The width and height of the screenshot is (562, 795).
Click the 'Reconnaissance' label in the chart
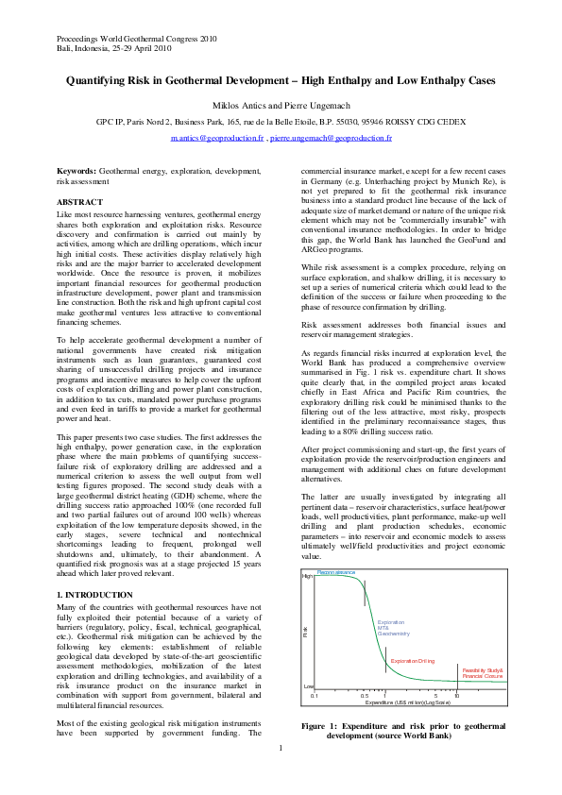(x=336, y=572)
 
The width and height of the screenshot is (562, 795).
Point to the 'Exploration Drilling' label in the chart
(x=412, y=661)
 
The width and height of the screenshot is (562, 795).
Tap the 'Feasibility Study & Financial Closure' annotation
(x=483, y=672)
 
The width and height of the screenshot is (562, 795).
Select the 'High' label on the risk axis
(x=307, y=575)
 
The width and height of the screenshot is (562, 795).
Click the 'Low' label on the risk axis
(x=308, y=686)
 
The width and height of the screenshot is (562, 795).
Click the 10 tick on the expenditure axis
(x=455, y=695)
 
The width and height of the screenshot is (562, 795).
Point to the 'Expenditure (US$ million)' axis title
(x=407, y=702)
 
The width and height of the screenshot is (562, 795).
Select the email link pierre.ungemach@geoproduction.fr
(x=332, y=138)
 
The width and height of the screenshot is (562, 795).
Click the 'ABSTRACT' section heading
(x=80, y=203)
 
